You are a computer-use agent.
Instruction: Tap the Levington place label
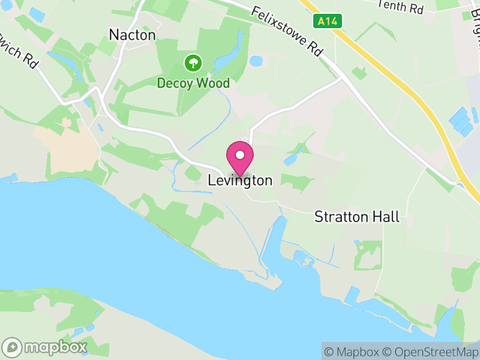pyautogui.click(x=240, y=181)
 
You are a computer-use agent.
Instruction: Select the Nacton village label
pyautogui.click(x=132, y=35)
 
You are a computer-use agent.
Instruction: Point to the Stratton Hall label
pyautogui.click(x=357, y=217)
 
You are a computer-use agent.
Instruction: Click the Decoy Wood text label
pyautogui.click(x=193, y=83)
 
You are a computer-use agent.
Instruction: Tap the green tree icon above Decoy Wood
pyautogui.click(x=193, y=63)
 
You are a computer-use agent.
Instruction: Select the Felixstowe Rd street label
pyautogui.click(x=287, y=32)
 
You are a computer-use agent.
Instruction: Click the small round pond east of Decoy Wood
pyautogui.click(x=256, y=61)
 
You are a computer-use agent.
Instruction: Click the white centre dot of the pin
pyautogui.click(x=240, y=155)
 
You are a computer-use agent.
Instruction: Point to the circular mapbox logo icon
pyautogui.click(x=13, y=347)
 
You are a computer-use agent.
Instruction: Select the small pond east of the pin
pyautogui.click(x=291, y=160)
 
